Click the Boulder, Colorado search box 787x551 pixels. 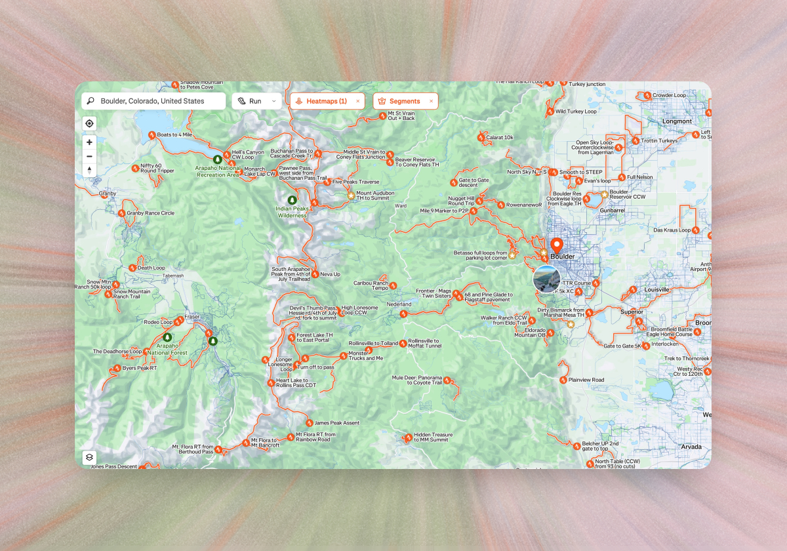pyautogui.click(x=154, y=101)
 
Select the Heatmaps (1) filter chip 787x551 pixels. pyautogui.click(x=326, y=101)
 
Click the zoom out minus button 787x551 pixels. pyautogui.click(x=90, y=156)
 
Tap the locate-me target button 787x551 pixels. pyautogui.click(x=90, y=123)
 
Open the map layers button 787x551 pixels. pyautogui.click(x=90, y=457)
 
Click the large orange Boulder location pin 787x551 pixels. pyautogui.click(x=557, y=247)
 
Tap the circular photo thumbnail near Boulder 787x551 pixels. pyautogui.click(x=546, y=279)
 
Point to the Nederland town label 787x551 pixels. pyautogui.click(x=399, y=304)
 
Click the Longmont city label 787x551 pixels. pyautogui.click(x=677, y=121)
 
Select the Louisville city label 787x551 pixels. pyautogui.click(x=656, y=289)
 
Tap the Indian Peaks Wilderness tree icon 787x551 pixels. pyautogui.click(x=292, y=200)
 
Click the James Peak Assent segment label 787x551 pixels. pyautogui.click(x=336, y=423)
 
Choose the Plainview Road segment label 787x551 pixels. pyautogui.click(x=586, y=380)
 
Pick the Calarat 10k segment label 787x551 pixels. pyautogui.click(x=499, y=137)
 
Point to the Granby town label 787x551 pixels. pyautogui.click(x=107, y=194)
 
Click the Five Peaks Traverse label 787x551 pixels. pyautogui.click(x=355, y=182)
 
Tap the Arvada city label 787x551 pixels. pyautogui.click(x=691, y=447)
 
